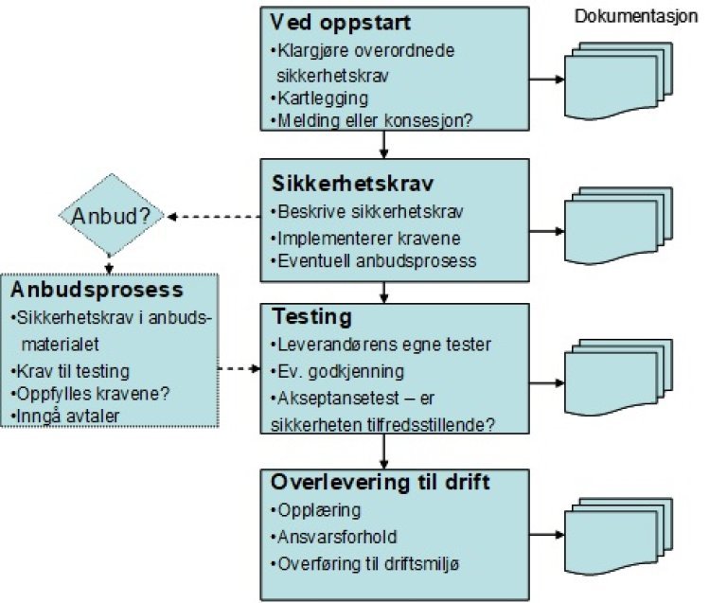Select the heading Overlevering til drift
380,482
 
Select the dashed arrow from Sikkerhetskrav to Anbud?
213,218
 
